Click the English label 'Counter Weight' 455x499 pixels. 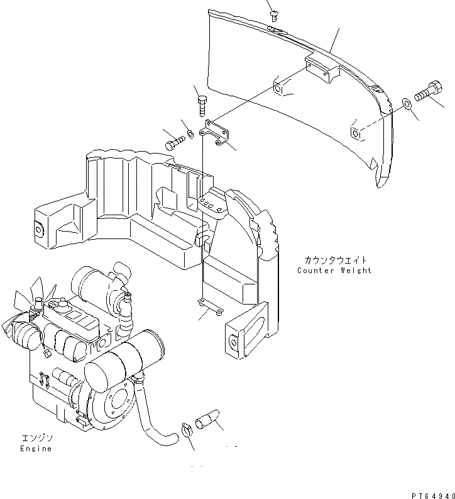334,271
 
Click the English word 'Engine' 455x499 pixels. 35,449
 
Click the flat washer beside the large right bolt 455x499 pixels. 407,103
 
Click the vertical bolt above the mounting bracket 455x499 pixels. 202,104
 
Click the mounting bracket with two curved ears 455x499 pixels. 216,135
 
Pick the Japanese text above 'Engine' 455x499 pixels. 36,437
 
